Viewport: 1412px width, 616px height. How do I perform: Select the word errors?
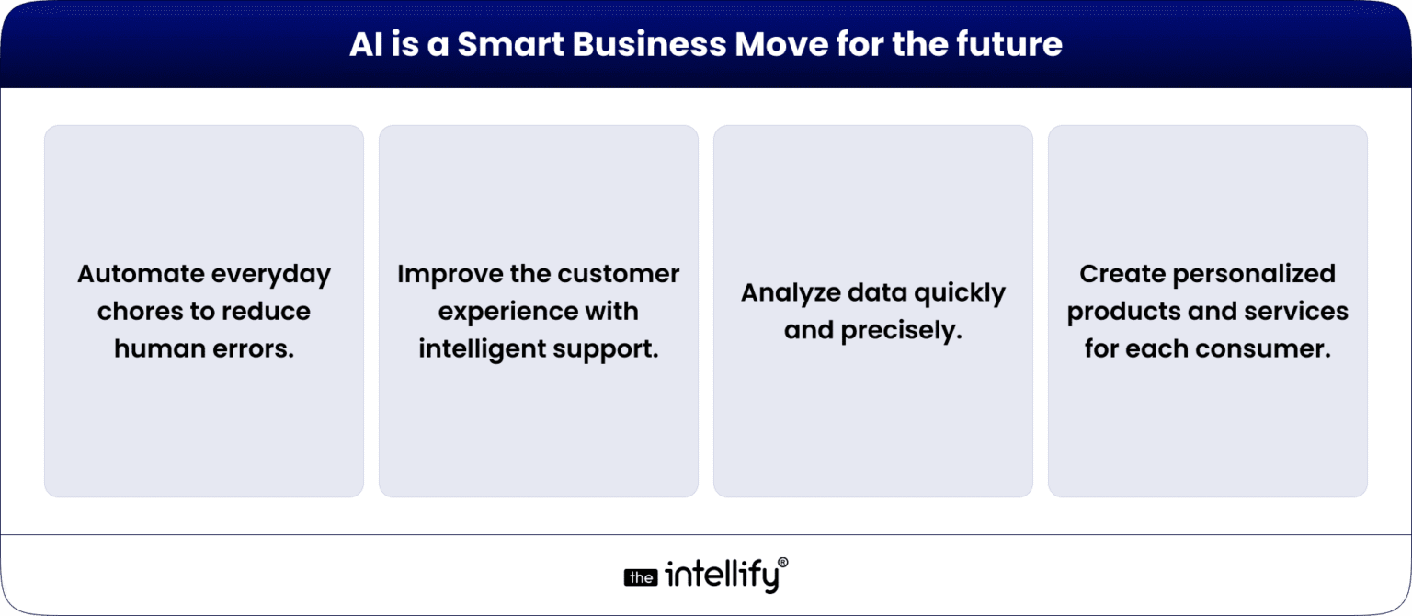point(253,349)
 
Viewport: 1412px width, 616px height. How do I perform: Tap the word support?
point(613,349)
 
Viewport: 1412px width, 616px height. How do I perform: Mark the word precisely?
point(910,331)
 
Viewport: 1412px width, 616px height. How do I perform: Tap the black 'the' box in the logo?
point(641,578)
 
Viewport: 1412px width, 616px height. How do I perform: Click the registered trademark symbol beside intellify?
point(782,562)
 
